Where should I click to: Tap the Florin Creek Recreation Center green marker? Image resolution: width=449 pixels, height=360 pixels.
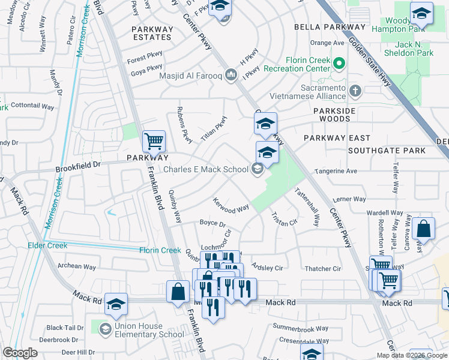pos(339,62)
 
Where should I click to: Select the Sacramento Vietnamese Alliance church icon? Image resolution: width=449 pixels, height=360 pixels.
pos(355,91)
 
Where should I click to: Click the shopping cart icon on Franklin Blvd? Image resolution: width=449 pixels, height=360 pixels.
pos(154,142)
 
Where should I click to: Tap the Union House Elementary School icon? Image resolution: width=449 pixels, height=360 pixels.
pos(105,329)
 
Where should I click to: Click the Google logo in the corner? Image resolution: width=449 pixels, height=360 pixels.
pos(20,353)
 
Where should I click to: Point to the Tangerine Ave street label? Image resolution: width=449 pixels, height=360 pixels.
pos(336,171)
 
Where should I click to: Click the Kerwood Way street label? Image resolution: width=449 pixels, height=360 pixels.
pos(231,204)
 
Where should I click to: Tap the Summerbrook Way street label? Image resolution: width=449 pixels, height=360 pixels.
pos(301,328)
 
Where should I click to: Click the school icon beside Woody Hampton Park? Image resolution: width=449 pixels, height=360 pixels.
pos(421,13)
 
